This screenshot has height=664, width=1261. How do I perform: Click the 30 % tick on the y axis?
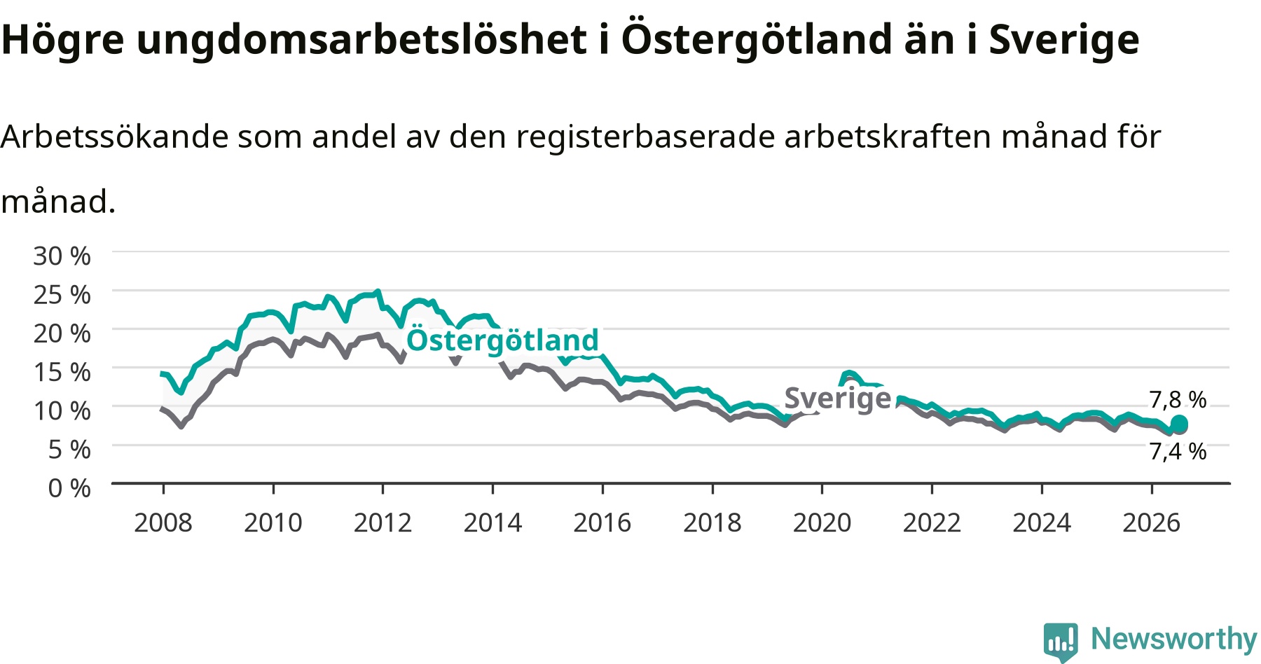coord(62,256)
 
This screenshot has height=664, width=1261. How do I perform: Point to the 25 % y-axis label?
coord(62,295)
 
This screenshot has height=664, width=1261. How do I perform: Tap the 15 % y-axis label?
coord(62,372)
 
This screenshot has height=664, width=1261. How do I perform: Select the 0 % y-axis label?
coord(69,487)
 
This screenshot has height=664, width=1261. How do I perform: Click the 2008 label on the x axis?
coord(163,523)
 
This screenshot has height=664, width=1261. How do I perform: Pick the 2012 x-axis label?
coord(383,523)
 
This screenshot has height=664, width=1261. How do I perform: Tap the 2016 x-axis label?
coord(602,523)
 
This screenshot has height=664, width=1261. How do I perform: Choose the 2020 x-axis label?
coord(822,523)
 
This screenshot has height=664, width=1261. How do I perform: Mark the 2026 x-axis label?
coord(1152,523)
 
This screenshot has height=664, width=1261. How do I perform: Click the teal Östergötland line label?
coord(503,340)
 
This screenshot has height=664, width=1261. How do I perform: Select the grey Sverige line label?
coord(838,399)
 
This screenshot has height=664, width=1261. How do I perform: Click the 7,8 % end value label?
coord(1178,400)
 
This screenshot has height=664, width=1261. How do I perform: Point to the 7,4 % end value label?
coord(1178,452)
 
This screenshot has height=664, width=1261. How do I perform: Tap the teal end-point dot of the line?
coord(1179,424)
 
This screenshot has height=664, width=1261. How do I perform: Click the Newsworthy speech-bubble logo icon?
coord(1061,641)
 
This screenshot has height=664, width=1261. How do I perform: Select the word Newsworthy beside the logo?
coord(1174,639)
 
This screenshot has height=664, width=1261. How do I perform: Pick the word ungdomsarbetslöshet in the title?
coord(361,40)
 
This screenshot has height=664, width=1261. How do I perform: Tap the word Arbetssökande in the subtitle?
coord(114,137)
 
